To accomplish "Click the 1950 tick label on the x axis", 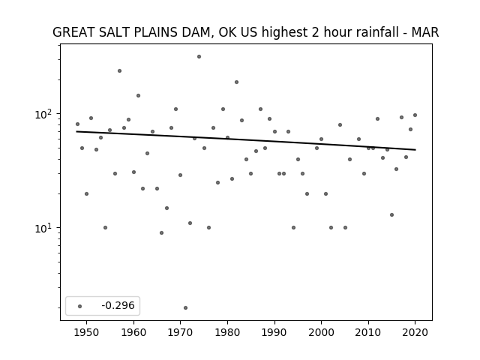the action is [87, 333].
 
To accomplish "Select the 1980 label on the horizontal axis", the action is [227, 333].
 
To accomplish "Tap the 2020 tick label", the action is [415, 333].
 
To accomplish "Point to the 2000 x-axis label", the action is [321, 333].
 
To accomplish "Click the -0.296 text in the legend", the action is [118, 305].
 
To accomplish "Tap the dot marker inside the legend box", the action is [80, 306].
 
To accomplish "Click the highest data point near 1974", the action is [199, 57].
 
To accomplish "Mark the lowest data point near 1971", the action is [185, 308].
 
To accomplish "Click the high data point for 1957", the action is [119, 71].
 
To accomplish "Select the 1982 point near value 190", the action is [237, 82].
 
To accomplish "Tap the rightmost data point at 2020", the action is [415, 115].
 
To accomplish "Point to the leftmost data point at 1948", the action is [77, 124].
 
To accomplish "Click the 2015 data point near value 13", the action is [391, 215].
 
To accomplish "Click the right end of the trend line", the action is [415, 150].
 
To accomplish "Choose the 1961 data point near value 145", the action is [138, 95].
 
